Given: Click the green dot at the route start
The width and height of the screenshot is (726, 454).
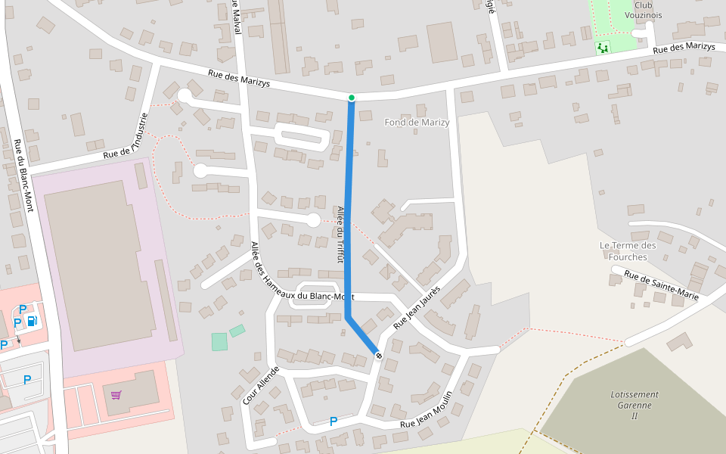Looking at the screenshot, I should (352, 98).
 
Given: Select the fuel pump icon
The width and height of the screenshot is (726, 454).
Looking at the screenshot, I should (32, 321).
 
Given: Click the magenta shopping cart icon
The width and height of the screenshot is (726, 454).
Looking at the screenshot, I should (116, 394).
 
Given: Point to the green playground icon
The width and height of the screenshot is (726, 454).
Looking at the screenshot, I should (603, 48).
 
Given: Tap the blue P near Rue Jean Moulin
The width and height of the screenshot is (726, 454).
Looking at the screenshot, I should (333, 421).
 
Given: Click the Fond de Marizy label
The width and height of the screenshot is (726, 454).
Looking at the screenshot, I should (417, 123).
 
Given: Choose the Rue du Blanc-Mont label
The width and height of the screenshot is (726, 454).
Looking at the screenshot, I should (23, 175).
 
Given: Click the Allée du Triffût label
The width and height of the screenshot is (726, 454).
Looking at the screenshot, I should (340, 235).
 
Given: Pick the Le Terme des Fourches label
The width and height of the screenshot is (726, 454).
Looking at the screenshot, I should (628, 250).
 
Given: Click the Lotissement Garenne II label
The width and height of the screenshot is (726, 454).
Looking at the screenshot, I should (634, 405).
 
